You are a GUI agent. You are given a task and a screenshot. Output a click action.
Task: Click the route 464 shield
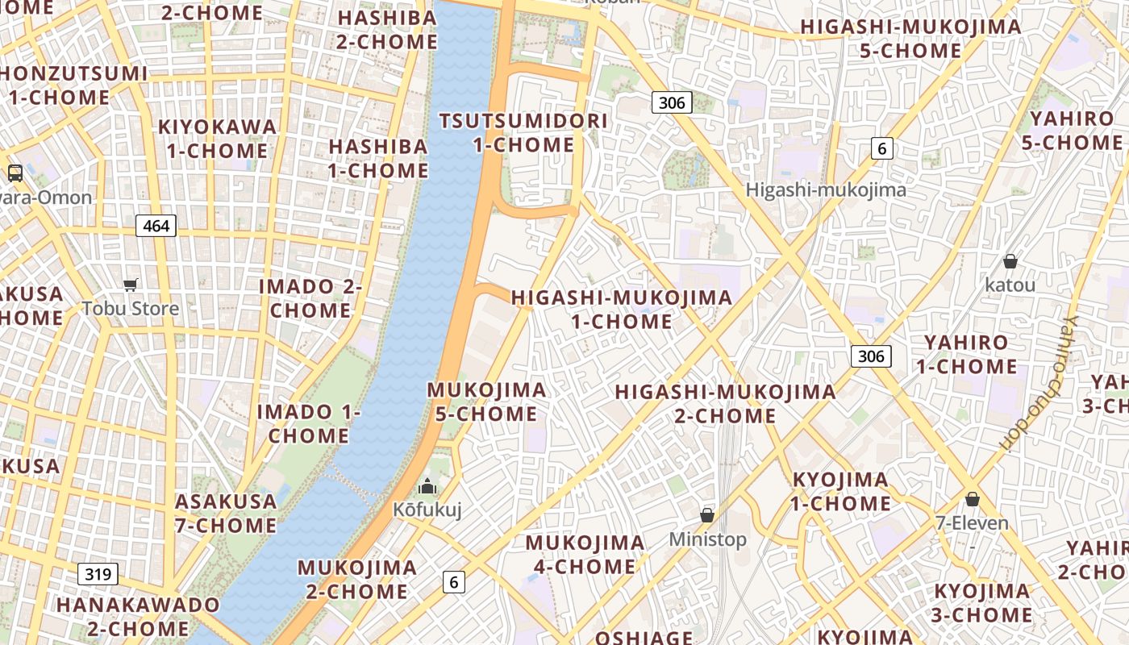156,226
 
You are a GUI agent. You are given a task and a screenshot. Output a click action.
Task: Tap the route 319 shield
98,574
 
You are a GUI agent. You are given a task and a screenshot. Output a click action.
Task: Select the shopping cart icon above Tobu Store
131,285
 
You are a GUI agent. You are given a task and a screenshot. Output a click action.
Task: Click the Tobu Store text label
131,308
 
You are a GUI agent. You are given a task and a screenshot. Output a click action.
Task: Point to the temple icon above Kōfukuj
427,486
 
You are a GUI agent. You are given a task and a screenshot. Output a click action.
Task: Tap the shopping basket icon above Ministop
707,515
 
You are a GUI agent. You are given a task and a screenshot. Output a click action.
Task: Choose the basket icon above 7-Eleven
973,499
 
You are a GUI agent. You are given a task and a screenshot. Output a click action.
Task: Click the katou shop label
1010,285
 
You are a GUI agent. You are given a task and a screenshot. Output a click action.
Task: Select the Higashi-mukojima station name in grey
826,190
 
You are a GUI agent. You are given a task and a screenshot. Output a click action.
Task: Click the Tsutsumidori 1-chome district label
523,133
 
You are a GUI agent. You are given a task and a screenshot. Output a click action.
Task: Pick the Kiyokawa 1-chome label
217,139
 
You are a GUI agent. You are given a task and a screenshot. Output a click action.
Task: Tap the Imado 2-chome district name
310,298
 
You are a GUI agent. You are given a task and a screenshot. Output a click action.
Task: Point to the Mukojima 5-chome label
486,402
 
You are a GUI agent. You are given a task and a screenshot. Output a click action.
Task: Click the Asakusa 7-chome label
226,514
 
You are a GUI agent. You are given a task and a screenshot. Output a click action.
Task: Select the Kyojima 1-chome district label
840,492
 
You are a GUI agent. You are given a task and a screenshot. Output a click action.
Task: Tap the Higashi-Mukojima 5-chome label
910,39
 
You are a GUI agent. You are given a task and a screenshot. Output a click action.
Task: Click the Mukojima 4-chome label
585,555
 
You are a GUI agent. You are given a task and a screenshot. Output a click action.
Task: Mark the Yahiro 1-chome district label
966,354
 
